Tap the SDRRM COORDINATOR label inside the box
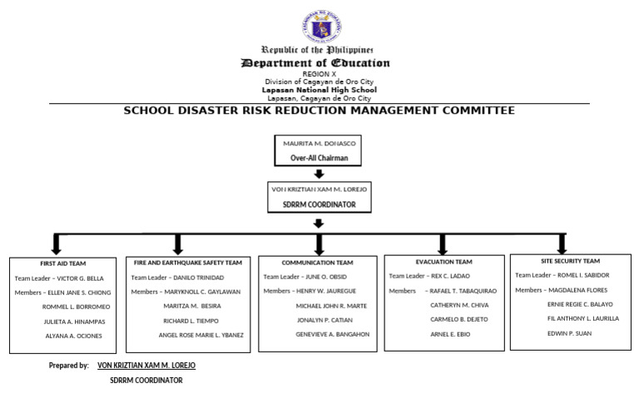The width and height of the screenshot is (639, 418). pos(319,204)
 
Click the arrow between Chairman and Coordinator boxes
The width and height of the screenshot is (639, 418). pos(319,174)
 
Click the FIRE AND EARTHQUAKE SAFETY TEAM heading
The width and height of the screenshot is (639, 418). pos(187,262)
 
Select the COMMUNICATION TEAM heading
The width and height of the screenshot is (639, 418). pos(317,263)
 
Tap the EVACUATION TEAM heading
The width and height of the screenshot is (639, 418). pos(443,262)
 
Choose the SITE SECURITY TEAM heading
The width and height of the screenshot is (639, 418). pos(569,261)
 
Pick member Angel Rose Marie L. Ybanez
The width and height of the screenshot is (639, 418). pos(201,335)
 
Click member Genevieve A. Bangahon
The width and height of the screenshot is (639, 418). pos(333,334)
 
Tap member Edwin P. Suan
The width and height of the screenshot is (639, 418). pos(569,332)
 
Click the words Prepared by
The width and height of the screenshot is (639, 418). pos(68,365)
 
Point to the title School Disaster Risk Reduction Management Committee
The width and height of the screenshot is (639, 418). pos(319,111)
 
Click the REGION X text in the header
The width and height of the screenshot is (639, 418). pos(319,74)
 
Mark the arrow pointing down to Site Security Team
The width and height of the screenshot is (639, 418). pos(570,243)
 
